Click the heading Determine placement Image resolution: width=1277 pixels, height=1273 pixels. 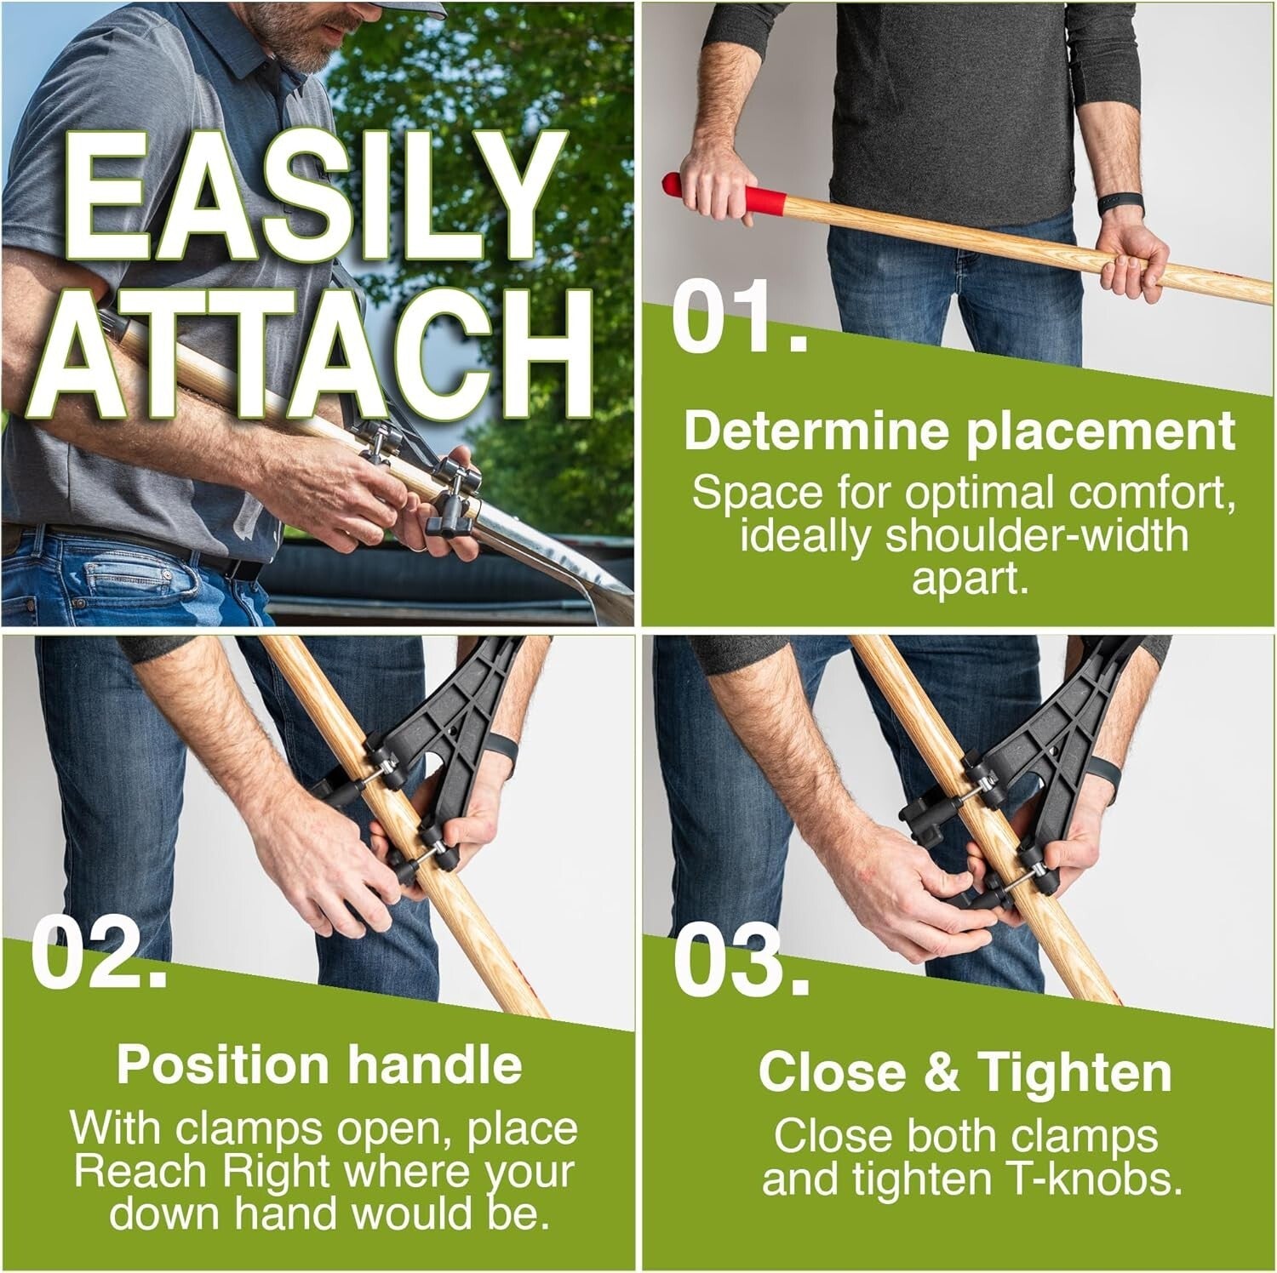click(959, 431)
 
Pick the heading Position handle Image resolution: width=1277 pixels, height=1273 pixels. click(319, 1065)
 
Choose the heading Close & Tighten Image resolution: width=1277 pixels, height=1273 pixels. click(965, 1072)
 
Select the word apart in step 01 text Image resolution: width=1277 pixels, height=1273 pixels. click(965, 579)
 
